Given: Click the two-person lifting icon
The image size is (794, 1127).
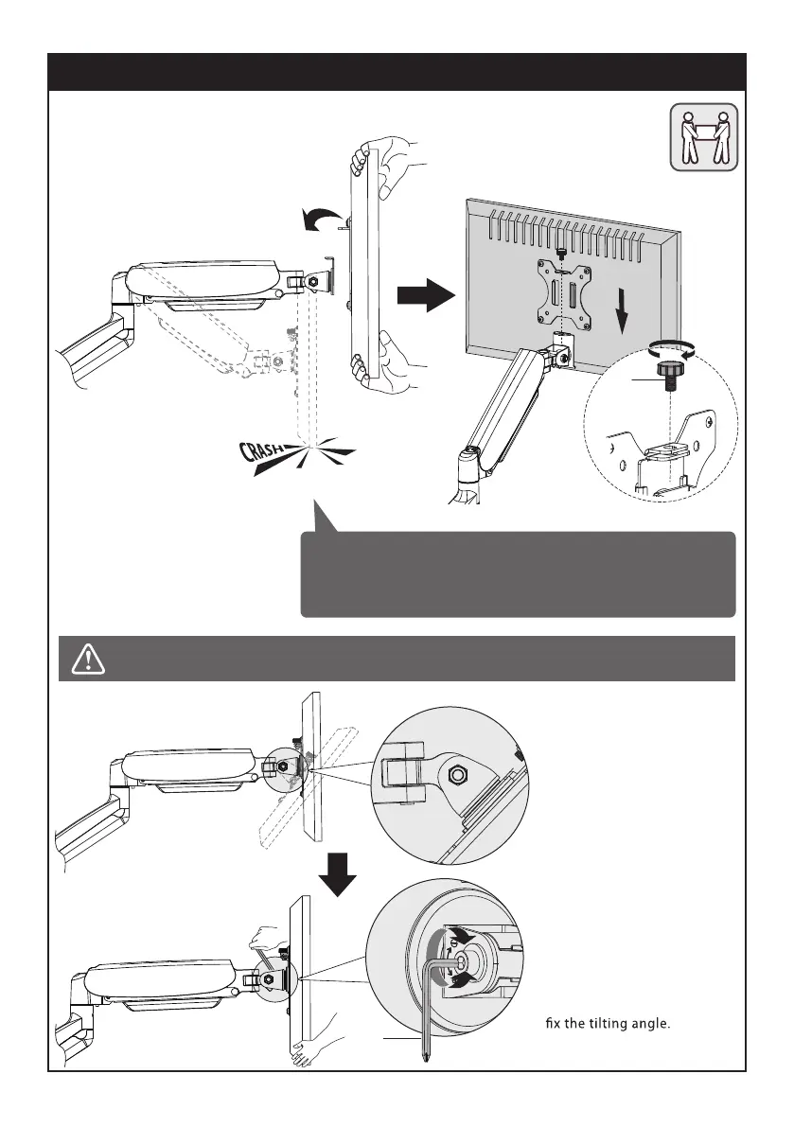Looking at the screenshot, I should [704, 136].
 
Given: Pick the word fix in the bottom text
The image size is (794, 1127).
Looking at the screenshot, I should [555, 1023].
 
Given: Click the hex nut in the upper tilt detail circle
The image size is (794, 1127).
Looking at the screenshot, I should [456, 774].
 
